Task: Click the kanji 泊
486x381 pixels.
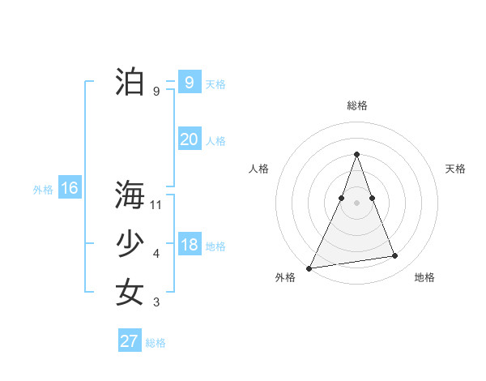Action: coord(130,82)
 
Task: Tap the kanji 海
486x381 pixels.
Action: coord(130,195)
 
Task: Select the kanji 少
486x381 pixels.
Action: coord(130,244)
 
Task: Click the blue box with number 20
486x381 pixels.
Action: coord(189,139)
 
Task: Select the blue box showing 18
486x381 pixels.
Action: coord(189,245)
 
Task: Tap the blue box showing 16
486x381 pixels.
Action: coord(69,188)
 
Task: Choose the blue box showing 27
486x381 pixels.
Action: coord(129,341)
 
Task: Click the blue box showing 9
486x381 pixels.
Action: coord(189,82)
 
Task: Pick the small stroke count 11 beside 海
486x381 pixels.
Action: coord(156,205)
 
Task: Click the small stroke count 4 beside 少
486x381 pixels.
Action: coord(156,254)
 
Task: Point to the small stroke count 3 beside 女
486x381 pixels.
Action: coord(156,302)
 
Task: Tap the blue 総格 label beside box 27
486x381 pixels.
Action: coord(156,343)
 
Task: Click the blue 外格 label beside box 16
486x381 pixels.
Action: coord(43,190)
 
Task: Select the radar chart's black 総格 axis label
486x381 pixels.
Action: coord(356,105)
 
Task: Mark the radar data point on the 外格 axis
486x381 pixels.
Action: coord(309,268)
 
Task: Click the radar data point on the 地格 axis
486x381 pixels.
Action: coord(395,256)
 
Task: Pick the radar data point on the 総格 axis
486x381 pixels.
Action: coord(356,154)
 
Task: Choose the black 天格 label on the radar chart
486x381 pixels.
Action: coord(455,169)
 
